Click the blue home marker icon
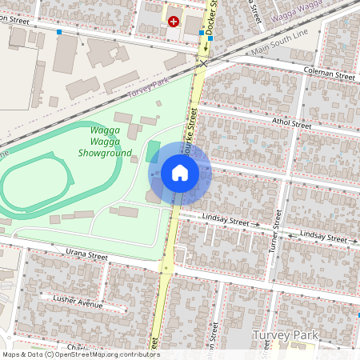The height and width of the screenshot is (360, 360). [180, 173]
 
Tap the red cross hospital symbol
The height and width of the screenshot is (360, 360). [174, 22]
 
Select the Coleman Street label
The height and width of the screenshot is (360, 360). [330, 74]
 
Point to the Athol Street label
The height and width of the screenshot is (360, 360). [291, 123]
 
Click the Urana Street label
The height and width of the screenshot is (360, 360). [86, 255]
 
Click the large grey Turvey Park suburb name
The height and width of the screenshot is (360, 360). [286, 334]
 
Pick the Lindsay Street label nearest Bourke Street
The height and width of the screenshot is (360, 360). [227, 220]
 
